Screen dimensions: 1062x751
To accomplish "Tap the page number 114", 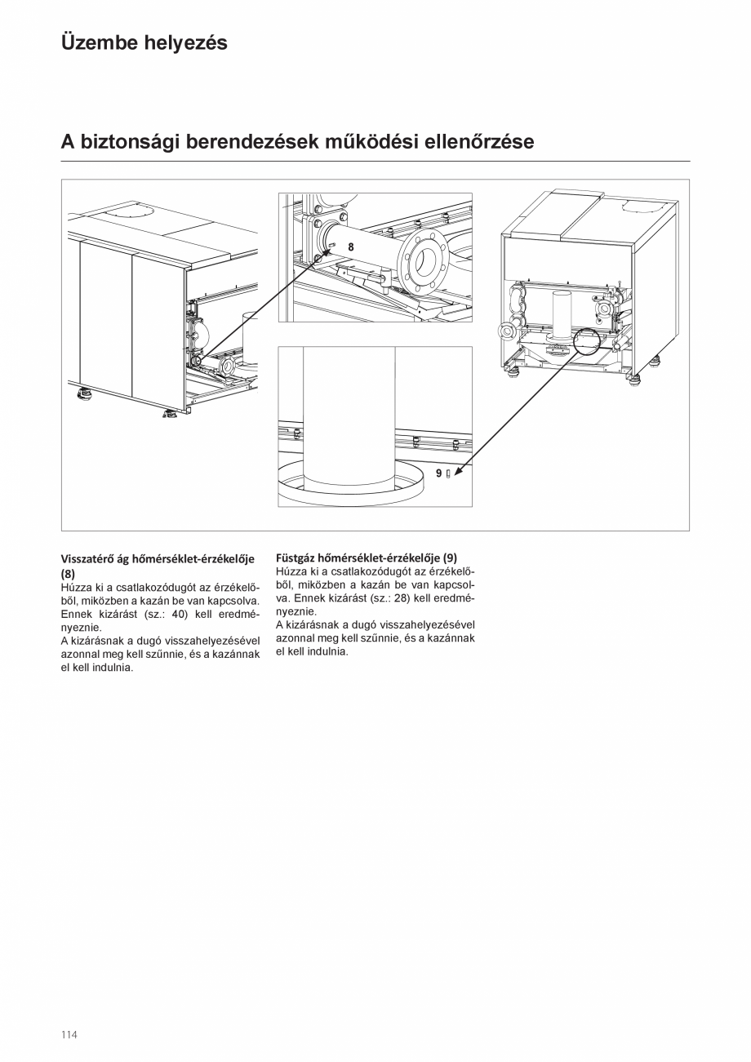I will pyautogui.click(x=69, y=1034).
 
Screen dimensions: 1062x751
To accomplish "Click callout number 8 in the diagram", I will pyautogui.click(x=351, y=246).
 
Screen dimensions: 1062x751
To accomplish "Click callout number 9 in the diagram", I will pyautogui.click(x=438, y=473).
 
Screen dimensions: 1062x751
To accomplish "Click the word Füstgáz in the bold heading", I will pyautogui.click(x=296, y=558).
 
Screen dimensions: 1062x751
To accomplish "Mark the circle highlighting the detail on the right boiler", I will pyautogui.click(x=588, y=340).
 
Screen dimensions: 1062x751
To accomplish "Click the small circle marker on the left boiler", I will pyautogui.click(x=196, y=360).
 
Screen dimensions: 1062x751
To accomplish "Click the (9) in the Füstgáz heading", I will pyautogui.click(x=450, y=558).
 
